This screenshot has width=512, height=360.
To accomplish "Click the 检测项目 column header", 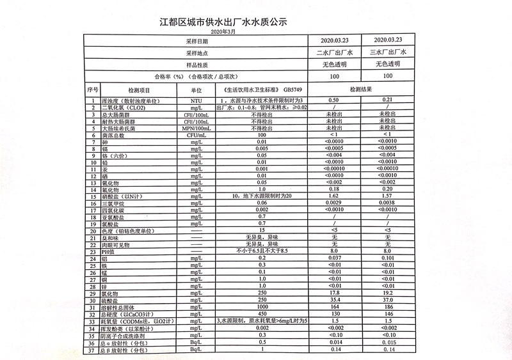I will tap(139, 91).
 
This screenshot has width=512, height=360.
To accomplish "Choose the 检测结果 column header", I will tap(360, 91).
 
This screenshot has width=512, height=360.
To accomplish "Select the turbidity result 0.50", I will tap(333, 101).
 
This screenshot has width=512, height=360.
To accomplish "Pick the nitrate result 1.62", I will tap(333, 196).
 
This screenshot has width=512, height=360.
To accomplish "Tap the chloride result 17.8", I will tap(333, 293).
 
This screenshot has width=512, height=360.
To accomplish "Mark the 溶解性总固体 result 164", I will tap(333, 307).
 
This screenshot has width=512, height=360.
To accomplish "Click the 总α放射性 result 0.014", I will tap(333, 342).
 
